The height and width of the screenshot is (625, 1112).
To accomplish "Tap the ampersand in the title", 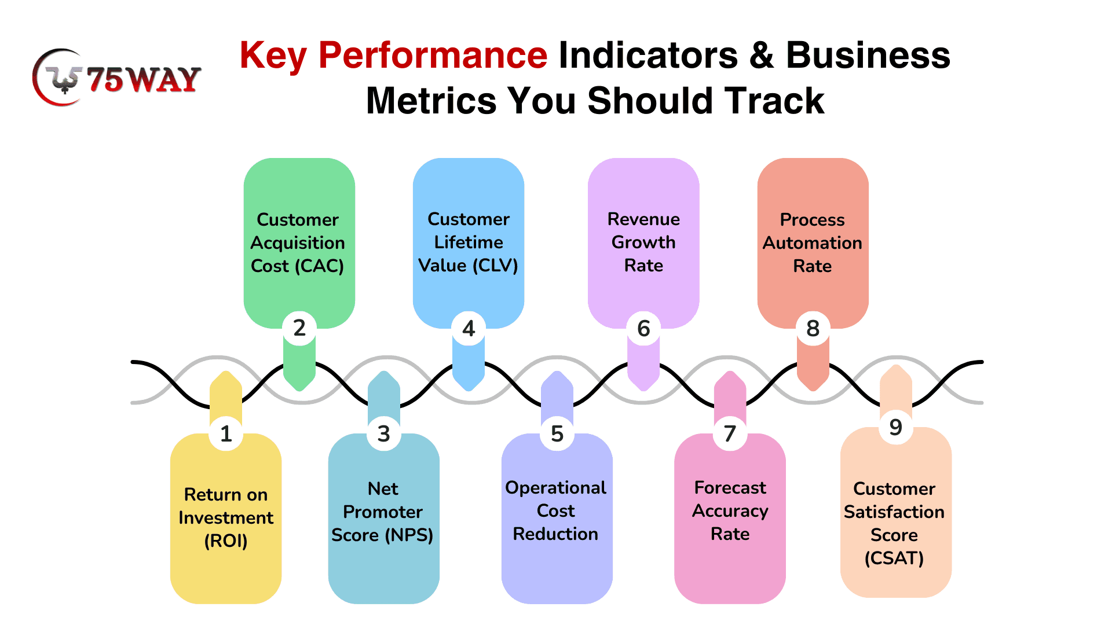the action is click(762, 56).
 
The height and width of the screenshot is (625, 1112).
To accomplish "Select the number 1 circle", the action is click(226, 433).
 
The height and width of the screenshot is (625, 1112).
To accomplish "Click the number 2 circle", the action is click(299, 328).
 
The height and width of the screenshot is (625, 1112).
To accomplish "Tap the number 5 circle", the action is click(557, 433).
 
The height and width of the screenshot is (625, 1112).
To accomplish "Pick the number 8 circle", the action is click(813, 328).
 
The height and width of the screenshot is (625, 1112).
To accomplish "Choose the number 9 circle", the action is click(896, 427).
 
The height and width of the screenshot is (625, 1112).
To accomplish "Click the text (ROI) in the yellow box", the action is click(226, 541).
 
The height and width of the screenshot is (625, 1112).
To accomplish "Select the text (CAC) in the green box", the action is click(319, 266).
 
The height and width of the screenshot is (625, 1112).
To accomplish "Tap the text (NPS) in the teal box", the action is click(409, 535).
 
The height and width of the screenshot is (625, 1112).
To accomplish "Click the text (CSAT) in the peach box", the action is click(894, 558).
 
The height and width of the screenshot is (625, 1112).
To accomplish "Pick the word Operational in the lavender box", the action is click(556, 488).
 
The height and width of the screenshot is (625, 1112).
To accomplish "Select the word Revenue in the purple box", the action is click(643, 219).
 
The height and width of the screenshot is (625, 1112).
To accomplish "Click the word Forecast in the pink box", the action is click(730, 488).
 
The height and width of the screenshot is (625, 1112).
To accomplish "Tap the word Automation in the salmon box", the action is click(813, 243).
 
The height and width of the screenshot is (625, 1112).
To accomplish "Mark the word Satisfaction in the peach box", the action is click(894, 512).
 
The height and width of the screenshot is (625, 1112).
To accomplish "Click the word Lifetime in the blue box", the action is click(469, 242).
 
